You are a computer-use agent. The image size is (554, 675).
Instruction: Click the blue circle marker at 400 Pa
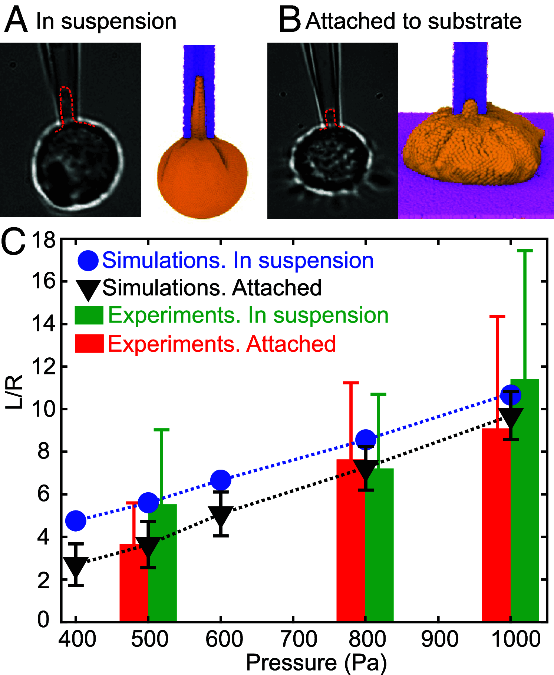76,520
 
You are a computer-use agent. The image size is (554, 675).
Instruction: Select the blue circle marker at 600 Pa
221,480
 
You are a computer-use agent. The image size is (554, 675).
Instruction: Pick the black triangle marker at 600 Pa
221,516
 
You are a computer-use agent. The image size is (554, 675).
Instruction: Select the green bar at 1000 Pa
525,500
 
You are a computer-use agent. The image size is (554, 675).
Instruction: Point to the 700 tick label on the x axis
299,639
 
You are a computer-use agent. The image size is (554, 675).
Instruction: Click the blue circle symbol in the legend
88,260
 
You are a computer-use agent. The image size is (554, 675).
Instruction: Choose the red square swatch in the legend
89,343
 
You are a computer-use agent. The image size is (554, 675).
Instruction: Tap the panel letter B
290,20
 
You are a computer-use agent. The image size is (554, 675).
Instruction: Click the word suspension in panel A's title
119,21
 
